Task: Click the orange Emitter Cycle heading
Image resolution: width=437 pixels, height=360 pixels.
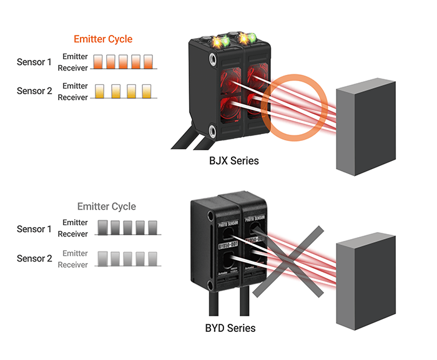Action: click(103, 39)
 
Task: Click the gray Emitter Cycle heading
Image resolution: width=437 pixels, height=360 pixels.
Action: click(106, 206)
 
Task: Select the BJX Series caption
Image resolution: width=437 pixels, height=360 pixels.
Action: click(233, 161)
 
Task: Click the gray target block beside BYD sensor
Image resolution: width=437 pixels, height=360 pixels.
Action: click(365, 284)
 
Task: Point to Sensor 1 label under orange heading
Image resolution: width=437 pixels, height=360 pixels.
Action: click(34, 62)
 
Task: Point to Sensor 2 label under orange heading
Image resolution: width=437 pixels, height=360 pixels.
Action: click(34, 91)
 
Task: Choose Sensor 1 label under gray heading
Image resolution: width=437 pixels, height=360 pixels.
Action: click(34, 229)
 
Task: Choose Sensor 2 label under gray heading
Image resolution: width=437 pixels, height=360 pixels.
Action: click(34, 258)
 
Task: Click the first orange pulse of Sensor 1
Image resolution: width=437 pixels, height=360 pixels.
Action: click(98, 61)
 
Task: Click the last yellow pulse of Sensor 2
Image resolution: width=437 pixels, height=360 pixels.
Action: click(147, 91)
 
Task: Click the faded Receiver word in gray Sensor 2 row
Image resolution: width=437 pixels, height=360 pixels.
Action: click(73, 265)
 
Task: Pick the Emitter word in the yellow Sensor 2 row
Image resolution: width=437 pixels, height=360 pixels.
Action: click(75, 85)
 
